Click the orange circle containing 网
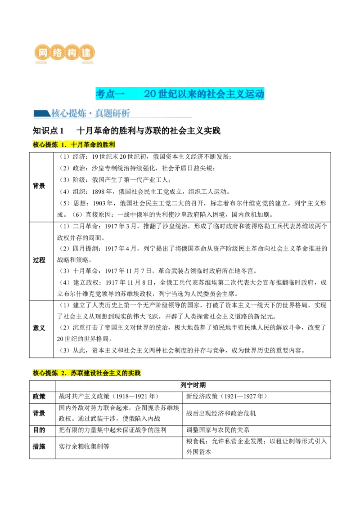(43, 53)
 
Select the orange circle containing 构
(72, 53)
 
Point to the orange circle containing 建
(86, 53)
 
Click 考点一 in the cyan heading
(109, 94)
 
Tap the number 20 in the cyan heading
(150, 94)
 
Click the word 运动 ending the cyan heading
(255, 94)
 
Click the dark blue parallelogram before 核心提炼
(41, 113)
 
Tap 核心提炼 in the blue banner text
(68, 113)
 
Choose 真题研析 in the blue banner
(112, 113)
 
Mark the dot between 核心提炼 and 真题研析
(90, 114)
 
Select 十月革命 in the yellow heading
(83, 145)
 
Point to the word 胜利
(109, 145)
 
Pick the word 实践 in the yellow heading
(135, 373)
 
